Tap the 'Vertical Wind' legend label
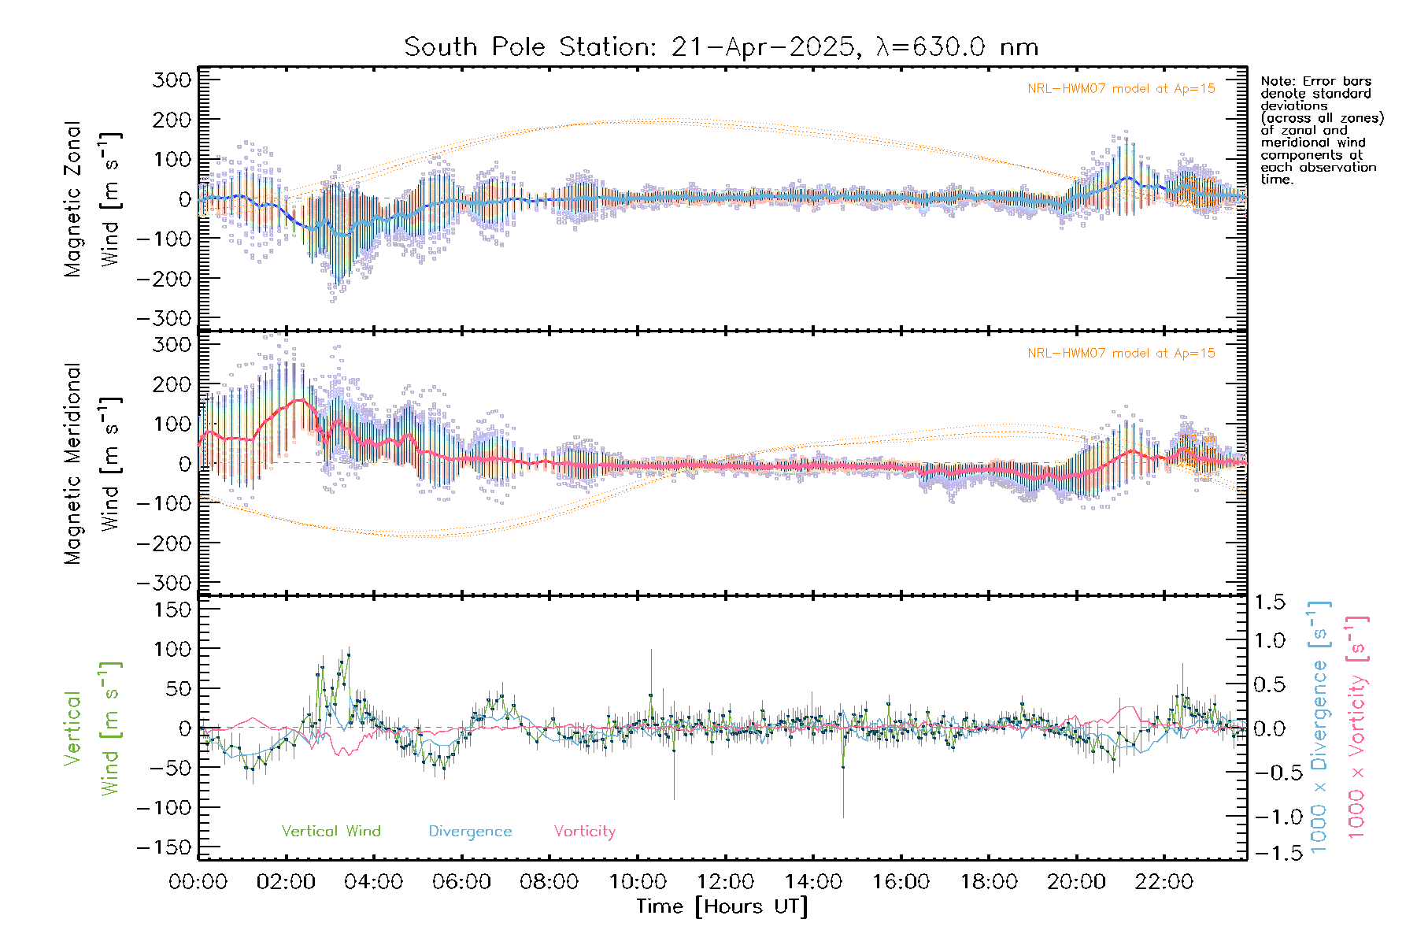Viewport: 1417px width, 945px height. click(x=331, y=832)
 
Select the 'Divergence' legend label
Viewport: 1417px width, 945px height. click(x=470, y=832)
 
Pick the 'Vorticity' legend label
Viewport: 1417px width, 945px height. click(x=584, y=832)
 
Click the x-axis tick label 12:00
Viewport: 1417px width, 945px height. click(x=725, y=882)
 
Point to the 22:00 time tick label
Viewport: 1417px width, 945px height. click(x=1164, y=882)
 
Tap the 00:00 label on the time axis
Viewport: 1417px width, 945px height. click(x=198, y=882)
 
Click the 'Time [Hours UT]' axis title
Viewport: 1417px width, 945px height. click(x=722, y=907)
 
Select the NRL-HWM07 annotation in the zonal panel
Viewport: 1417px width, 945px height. click(x=1121, y=89)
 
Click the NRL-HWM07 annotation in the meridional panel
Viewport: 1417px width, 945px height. click(x=1121, y=354)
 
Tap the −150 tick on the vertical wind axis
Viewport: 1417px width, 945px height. click(x=165, y=847)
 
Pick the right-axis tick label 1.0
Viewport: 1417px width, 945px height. click(x=1269, y=640)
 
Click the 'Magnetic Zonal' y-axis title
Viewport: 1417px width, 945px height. click(x=73, y=199)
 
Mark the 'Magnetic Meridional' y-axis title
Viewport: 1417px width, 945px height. click(x=73, y=464)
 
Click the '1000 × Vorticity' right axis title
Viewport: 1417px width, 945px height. click(x=1357, y=727)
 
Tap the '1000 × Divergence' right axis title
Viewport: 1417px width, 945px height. click(x=1319, y=727)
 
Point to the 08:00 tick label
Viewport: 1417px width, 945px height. click(x=549, y=882)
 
